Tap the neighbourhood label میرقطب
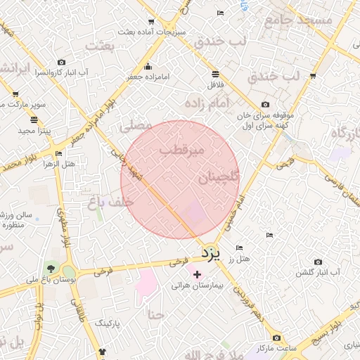tap(181, 150)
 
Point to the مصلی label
tap(136, 126)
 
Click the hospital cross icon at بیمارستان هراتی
tap(197, 274)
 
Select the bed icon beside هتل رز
tap(240, 247)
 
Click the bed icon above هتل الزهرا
tap(58, 153)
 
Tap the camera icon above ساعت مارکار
tap(276, 338)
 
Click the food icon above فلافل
tap(214, 74)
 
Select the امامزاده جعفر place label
tap(148, 77)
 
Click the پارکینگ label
tap(108, 323)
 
